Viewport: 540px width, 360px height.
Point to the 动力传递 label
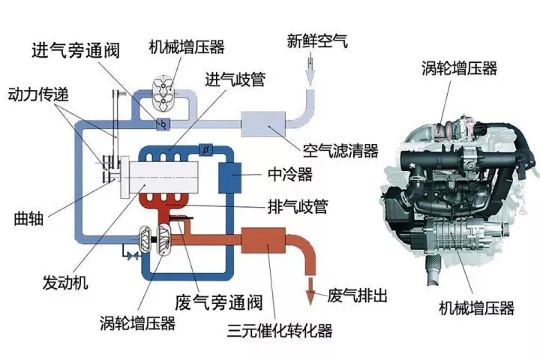pyautogui.click(x=37, y=95)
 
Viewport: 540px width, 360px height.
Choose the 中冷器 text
pyautogui.click(x=284, y=175)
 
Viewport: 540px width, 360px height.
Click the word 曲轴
pyautogui.click(x=28, y=220)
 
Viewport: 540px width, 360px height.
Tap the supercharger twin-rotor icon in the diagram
pyautogui.click(x=163, y=87)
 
